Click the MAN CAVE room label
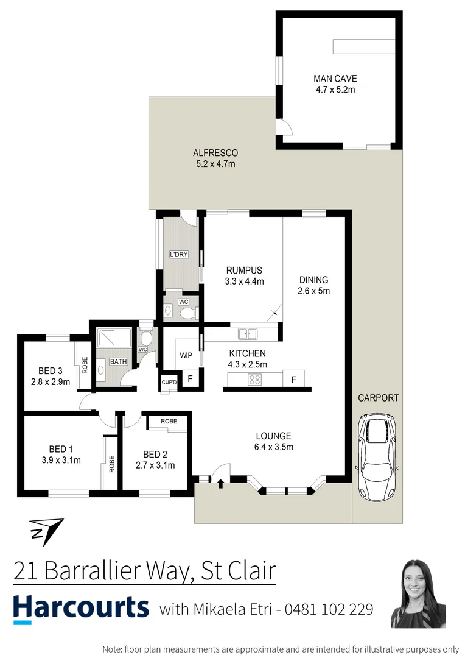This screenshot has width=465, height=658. pyautogui.click(x=335, y=79)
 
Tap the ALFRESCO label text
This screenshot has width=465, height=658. pyautogui.click(x=215, y=153)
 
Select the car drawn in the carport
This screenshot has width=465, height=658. pyautogui.click(x=377, y=458)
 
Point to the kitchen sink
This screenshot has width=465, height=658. pyautogui.click(x=247, y=334)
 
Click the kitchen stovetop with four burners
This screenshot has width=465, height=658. pyautogui.click(x=254, y=380)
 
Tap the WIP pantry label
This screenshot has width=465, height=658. pyautogui.click(x=186, y=355)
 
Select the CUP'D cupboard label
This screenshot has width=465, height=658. pyautogui.click(x=169, y=382)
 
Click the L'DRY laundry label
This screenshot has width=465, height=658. pyautogui.click(x=178, y=254)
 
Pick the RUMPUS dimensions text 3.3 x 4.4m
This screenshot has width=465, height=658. pyautogui.click(x=245, y=281)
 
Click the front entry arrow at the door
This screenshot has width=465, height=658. pyautogui.click(x=220, y=485)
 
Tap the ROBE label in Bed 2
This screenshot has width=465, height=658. pyautogui.click(x=169, y=422)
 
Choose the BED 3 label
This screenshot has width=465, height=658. pyautogui.click(x=51, y=371)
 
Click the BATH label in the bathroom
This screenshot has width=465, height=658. pyautogui.click(x=118, y=361)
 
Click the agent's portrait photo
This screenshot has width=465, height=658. pyautogui.click(x=418, y=593)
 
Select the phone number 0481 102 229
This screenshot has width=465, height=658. pyautogui.click(x=329, y=609)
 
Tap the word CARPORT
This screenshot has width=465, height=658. pyautogui.click(x=378, y=398)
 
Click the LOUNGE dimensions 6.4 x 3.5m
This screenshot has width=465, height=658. pyautogui.click(x=274, y=447)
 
